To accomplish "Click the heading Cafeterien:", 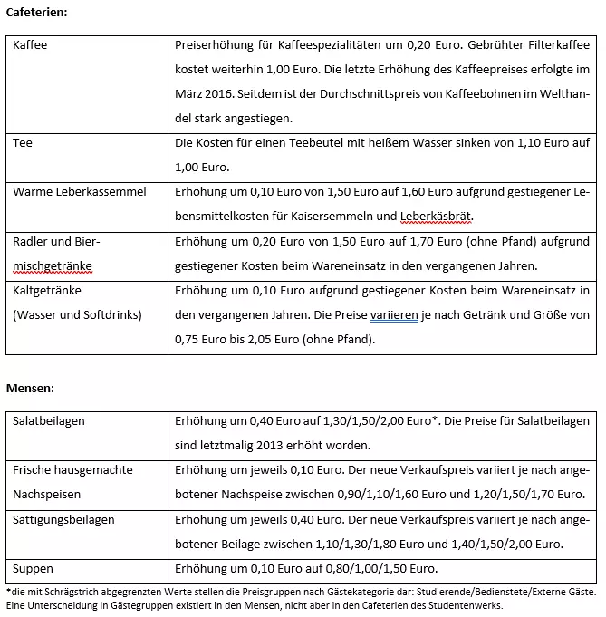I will pyautogui.click(x=37, y=12).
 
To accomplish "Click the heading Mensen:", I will pyautogui.click(x=31, y=389).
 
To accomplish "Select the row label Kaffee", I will pyautogui.click(x=30, y=44).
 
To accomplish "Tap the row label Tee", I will pyautogui.click(x=22, y=143).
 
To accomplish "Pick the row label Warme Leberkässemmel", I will pyautogui.click(x=80, y=192).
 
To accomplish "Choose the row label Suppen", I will pyautogui.click(x=34, y=569).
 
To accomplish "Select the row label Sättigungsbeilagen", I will pyautogui.click(x=64, y=520).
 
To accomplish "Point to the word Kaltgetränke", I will pyautogui.click(x=47, y=291).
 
